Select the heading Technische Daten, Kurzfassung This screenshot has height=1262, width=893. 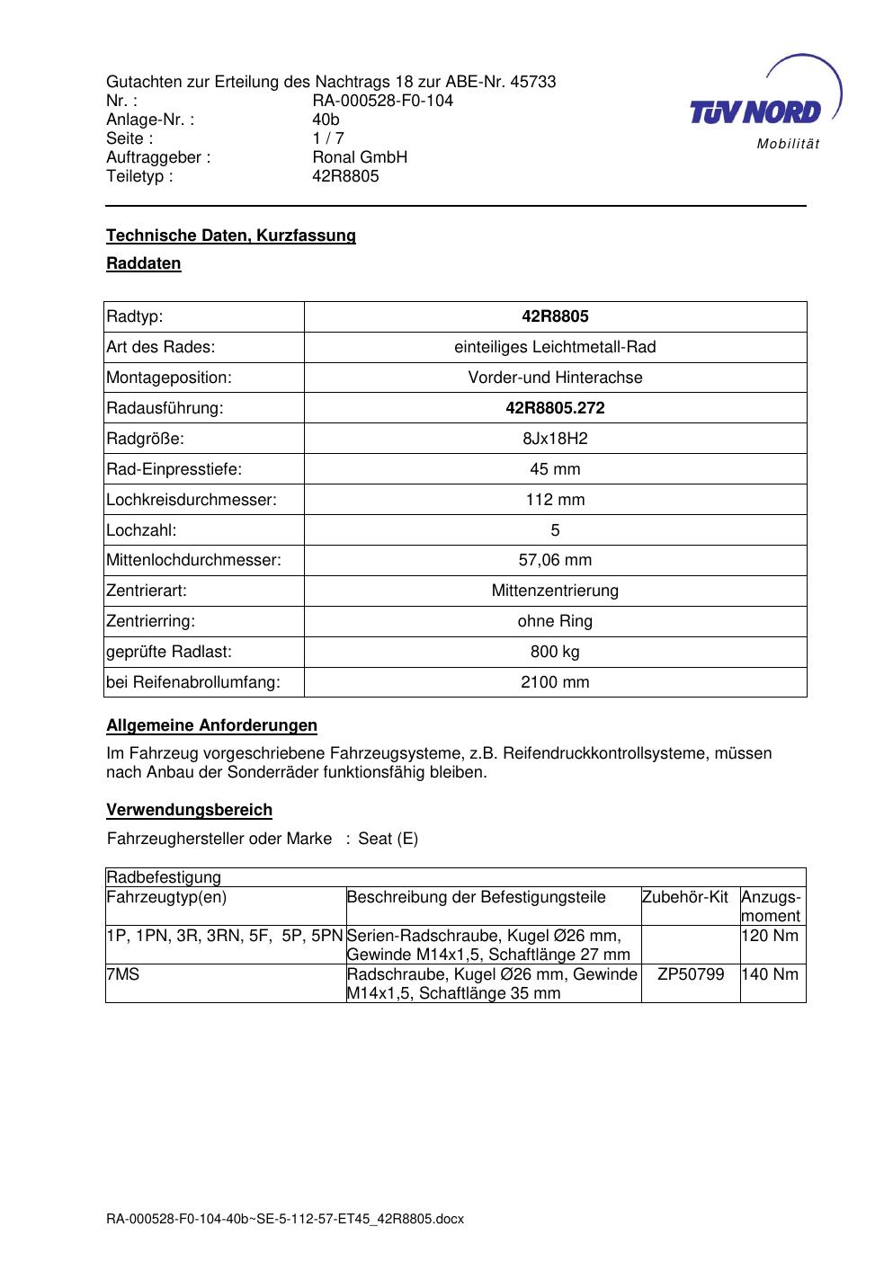231,236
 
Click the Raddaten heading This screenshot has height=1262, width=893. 144,263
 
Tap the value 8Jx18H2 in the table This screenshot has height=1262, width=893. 555,439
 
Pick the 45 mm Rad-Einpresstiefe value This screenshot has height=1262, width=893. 555,469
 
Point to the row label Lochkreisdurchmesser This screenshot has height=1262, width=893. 192,500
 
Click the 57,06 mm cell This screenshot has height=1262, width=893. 555,561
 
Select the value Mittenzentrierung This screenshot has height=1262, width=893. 555,591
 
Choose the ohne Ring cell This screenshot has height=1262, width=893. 555,621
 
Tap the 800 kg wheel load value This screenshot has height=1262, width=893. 555,652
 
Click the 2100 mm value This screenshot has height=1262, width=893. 555,682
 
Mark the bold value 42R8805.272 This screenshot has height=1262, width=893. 555,408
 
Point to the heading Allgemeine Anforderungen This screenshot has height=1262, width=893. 211,725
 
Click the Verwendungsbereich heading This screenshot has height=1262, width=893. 189,810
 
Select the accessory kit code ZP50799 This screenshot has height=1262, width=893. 691,974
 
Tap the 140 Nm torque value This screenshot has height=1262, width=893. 771,974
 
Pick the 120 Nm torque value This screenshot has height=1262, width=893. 771,936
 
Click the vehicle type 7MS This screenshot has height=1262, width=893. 123,974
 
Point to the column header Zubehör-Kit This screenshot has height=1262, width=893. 685,897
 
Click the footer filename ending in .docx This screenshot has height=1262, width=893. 285,1220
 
